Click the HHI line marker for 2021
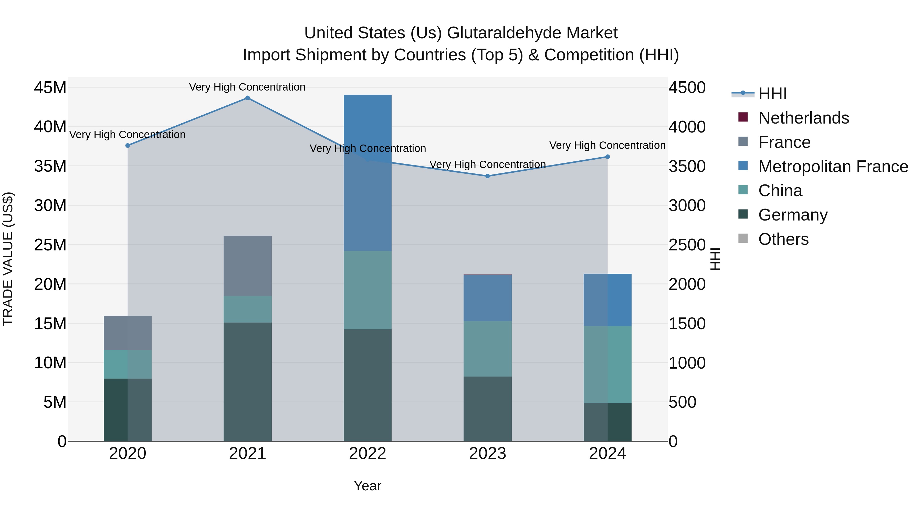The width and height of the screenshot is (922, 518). point(247,98)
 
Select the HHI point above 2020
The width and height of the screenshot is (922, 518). point(128,146)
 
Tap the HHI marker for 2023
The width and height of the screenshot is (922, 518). point(487,176)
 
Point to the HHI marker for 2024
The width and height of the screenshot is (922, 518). point(607,157)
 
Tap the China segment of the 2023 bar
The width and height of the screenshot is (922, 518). point(487,349)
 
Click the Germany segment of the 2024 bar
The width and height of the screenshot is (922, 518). point(607,422)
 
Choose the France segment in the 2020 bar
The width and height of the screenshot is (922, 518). point(128,333)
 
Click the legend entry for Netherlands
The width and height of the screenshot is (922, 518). point(803,118)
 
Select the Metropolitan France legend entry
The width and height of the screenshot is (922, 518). point(833,167)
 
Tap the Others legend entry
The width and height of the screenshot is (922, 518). point(783,239)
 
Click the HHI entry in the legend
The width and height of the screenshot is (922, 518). point(772,94)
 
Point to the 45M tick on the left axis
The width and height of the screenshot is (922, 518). point(50,87)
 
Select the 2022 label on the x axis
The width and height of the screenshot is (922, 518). point(368,454)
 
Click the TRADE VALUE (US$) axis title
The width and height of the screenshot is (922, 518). point(8,259)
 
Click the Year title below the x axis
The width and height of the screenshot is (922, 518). point(368,486)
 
